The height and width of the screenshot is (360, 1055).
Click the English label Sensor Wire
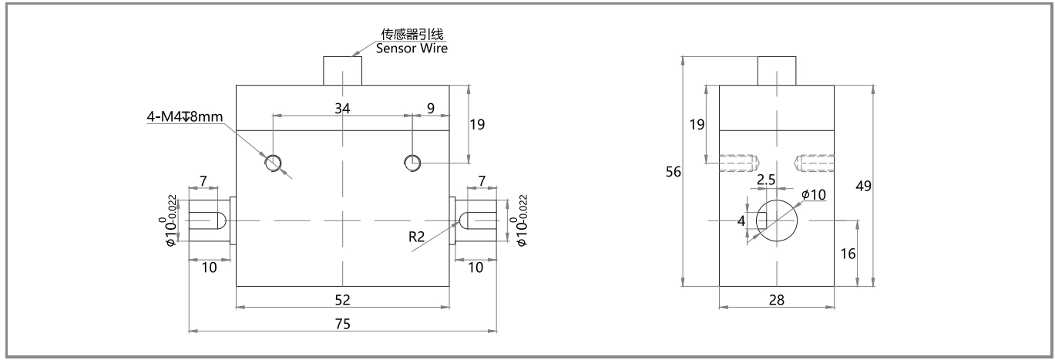tap(412, 48)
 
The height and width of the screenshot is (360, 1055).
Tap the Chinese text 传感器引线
tap(412, 34)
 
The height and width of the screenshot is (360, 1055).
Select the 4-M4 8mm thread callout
tap(185, 116)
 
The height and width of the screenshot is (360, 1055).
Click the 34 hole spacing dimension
tap(342, 109)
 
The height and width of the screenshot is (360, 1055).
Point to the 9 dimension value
tap(431, 109)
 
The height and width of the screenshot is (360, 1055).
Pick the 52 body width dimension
tap(342, 300)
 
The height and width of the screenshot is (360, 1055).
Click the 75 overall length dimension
tap(342, 324)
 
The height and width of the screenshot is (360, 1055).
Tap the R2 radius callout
tap(416, 237)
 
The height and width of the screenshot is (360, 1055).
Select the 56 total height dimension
tap(674, 171)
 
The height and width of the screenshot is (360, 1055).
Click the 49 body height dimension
tap(863, 186)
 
